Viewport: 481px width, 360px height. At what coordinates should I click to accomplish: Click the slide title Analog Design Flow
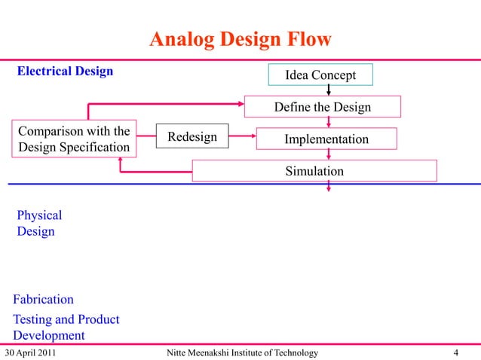coord(240,38)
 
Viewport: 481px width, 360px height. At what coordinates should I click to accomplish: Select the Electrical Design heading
coord(65,72)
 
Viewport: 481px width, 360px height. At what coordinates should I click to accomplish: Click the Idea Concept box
coord(320,75)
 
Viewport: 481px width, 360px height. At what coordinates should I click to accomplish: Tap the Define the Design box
coord(322,107)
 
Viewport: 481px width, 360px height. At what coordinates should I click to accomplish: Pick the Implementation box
coord(326,139)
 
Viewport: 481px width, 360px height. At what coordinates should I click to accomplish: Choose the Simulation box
coord(314,171)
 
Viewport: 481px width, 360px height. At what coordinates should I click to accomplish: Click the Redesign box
coord(191,137)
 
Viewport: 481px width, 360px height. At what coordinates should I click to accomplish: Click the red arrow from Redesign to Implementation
coord(241,137)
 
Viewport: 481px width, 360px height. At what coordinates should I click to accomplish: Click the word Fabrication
coord(43,300)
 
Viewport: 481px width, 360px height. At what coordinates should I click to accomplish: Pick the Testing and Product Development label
coord(66,328)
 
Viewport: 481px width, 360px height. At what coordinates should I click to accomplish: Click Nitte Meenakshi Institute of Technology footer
coord(240,353)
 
